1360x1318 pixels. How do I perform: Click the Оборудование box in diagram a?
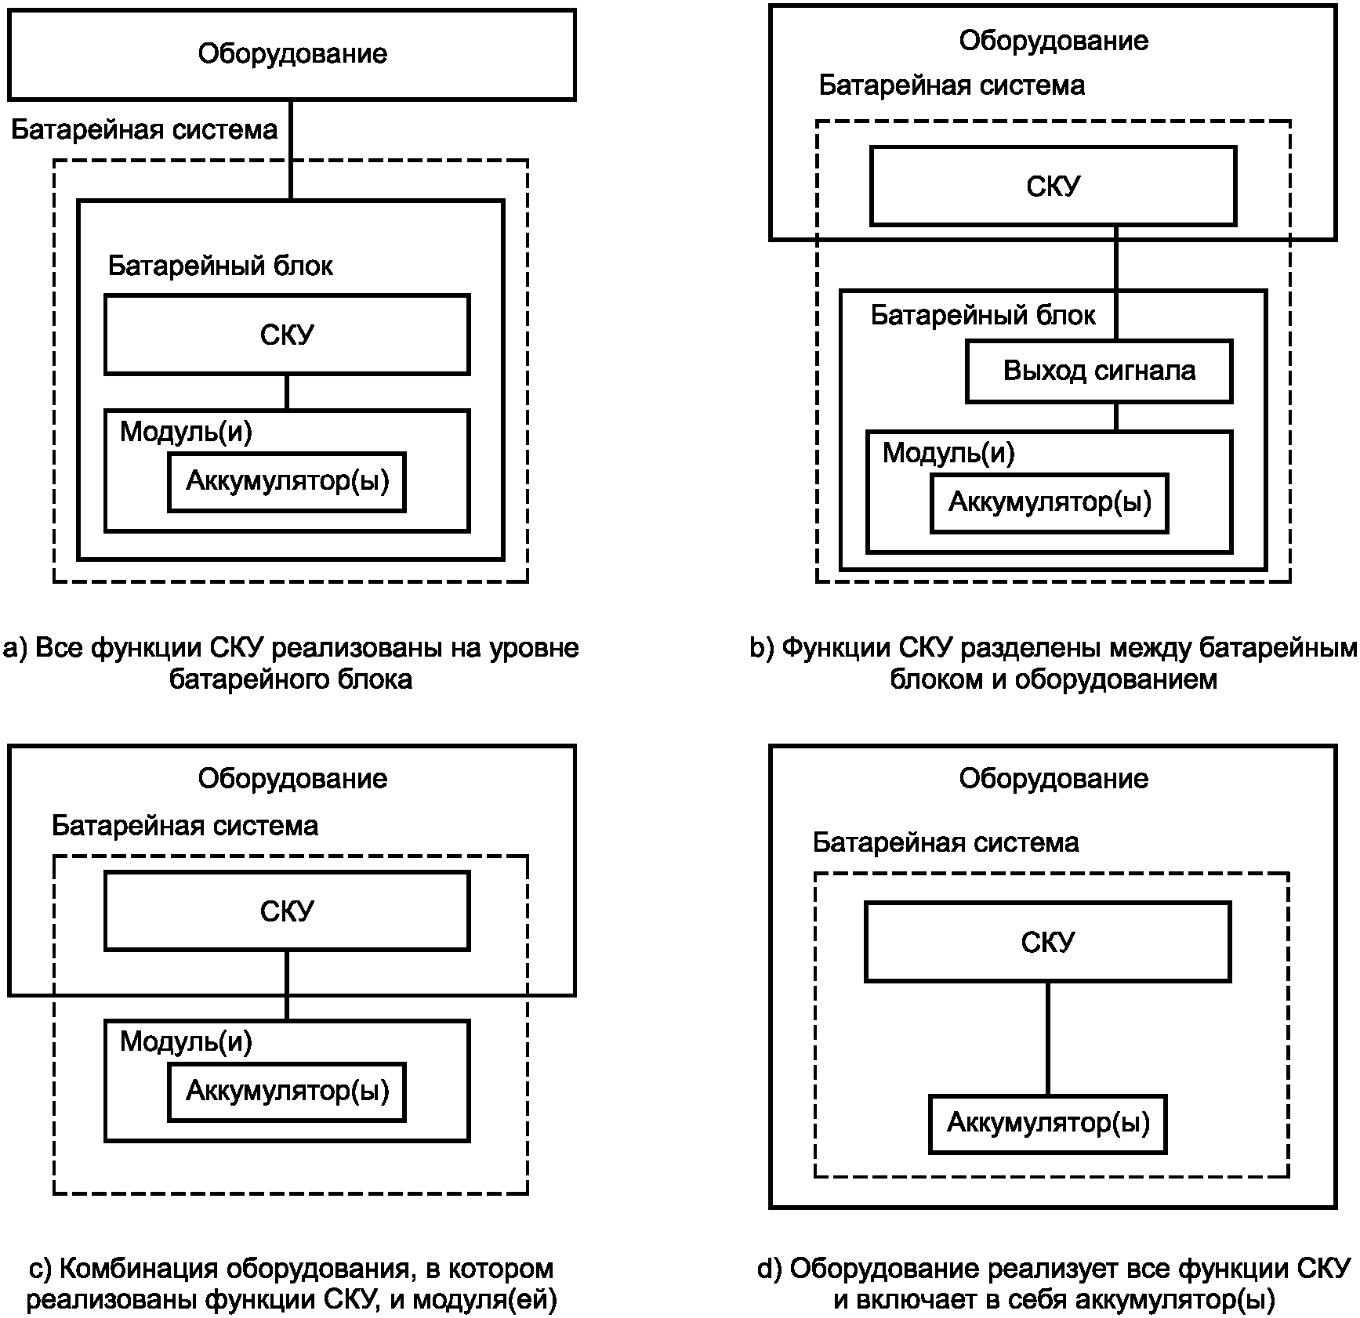pos(292,55)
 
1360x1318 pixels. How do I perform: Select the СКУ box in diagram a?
pos(287,335)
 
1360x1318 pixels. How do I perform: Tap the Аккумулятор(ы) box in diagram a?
pos(287,482)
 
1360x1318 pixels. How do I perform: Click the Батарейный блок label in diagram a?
pos(220,266)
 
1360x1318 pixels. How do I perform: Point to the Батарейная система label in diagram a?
pos(144,129)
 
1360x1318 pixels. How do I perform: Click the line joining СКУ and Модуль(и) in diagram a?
pos(287,392)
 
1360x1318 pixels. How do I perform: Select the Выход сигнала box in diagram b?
pos(1099,371)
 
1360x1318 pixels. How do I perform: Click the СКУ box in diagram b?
pos(1054,186)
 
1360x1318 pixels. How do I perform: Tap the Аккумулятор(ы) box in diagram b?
pos(1050,503)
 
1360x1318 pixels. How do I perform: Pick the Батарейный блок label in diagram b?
pos(983,316)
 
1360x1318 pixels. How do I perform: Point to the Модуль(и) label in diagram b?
pos(948,453)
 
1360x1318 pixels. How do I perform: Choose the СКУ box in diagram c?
pos(287,911)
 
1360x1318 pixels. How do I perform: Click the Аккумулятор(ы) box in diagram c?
pos(287,1092)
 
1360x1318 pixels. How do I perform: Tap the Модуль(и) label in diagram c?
pos(186,1041)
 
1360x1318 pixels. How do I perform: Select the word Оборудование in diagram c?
pos(292,778)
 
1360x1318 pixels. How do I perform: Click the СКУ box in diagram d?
pos(1048,942)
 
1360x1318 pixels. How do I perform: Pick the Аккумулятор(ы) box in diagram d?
pos(1048,1124)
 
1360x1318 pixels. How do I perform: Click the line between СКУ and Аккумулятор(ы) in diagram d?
pos(1048,1038)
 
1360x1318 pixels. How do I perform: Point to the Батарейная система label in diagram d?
pos(945,842)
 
